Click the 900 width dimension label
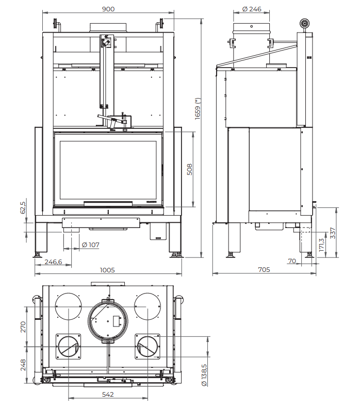tap(108, 9)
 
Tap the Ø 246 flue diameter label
tap(252, 9)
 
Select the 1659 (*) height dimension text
tap(198, 109)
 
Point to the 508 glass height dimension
tap(190, 170)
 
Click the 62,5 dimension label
tap(23, 208)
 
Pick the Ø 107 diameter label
tap(90, 245)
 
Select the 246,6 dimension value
tap(53, 262)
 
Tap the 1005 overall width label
tap(107, 270)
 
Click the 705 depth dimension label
tap(264, 269)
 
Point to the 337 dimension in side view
tap(333, 233)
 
